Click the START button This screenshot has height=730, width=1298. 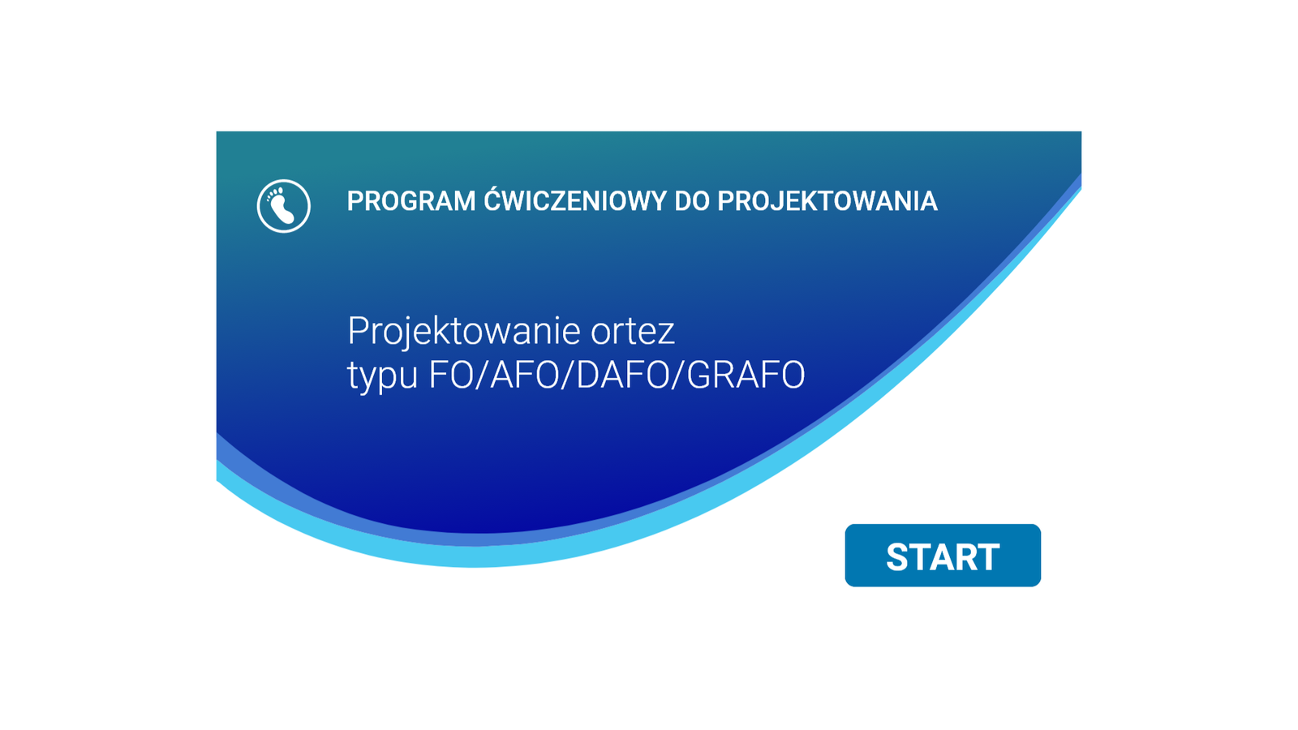[x=943, y=556]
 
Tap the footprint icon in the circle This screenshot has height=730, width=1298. [x=284, y=206]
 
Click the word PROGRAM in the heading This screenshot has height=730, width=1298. [x=410, y=202]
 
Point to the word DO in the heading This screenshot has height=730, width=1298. [x=692, y=202]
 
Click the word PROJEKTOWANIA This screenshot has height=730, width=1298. [x=827, y=202]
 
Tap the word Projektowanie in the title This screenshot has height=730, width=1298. [x=464, y=332]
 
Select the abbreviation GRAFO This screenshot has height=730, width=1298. [x=746, y=376]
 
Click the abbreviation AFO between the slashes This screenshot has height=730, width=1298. [x=524, y=376]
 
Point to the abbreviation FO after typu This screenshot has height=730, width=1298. [x=451, y=376]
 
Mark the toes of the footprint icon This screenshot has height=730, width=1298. [x=274, y=194]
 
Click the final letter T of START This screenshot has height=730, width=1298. [x=987, y=557]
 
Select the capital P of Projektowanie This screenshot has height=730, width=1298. [x=358, y=331]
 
